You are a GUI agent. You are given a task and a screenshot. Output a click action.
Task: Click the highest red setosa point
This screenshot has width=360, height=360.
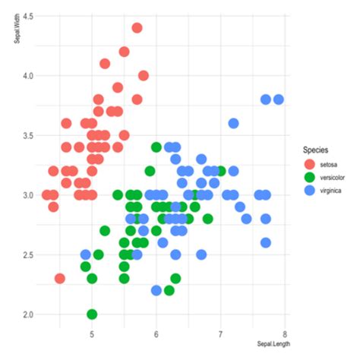coord(137,28)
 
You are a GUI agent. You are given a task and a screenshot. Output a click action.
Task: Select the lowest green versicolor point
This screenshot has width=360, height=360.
coord(92,314)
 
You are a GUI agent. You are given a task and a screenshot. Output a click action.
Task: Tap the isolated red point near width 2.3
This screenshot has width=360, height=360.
coord(59,278)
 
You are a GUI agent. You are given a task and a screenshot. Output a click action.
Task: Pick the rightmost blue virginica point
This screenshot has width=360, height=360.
coord(279,99)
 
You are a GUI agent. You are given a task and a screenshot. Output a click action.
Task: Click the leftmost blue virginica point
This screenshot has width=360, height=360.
coord(86,254)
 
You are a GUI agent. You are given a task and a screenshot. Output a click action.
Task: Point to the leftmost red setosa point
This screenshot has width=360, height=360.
coord(47,195)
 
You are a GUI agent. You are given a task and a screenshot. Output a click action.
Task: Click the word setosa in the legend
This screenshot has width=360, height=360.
coord(329,164)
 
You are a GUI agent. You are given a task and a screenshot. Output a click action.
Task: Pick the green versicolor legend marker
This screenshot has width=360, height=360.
coord(308,178)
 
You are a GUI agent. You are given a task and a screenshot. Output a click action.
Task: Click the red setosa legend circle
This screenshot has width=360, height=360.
coord(308,164)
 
